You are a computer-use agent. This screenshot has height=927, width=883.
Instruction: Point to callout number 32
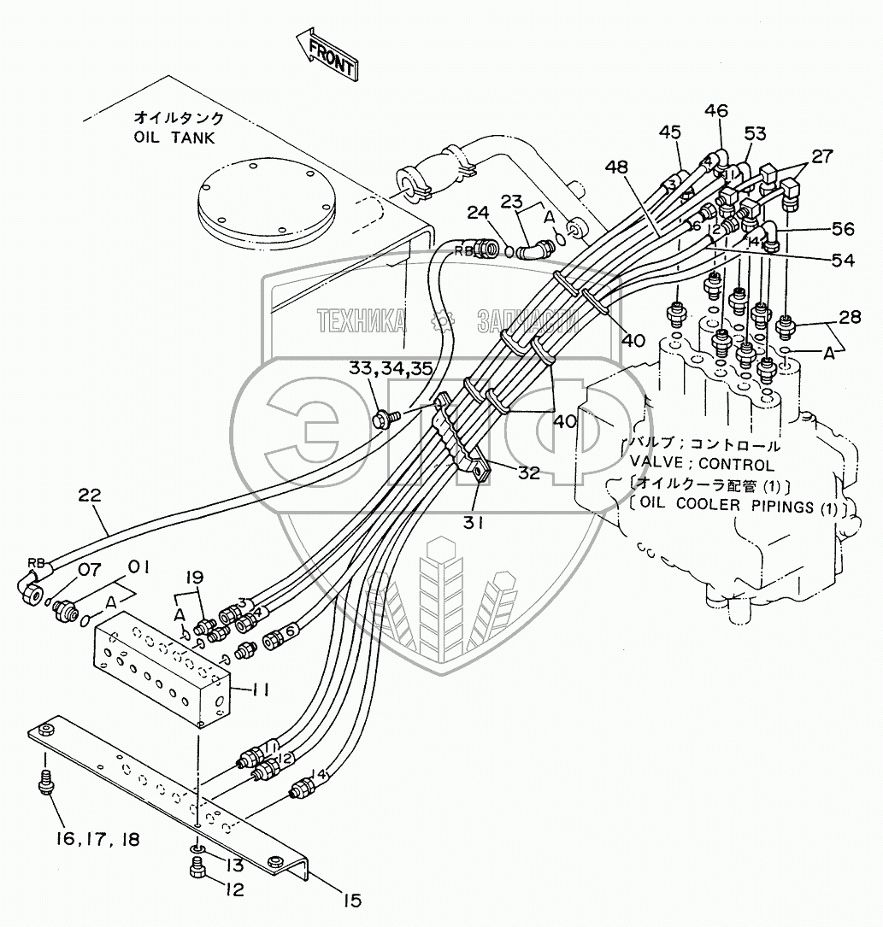point(528,472)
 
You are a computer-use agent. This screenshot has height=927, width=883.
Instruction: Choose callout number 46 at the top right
point(716,110)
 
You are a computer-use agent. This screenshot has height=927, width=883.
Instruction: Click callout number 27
point(821,155)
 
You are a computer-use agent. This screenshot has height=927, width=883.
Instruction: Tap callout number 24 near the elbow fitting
point(478,213)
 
